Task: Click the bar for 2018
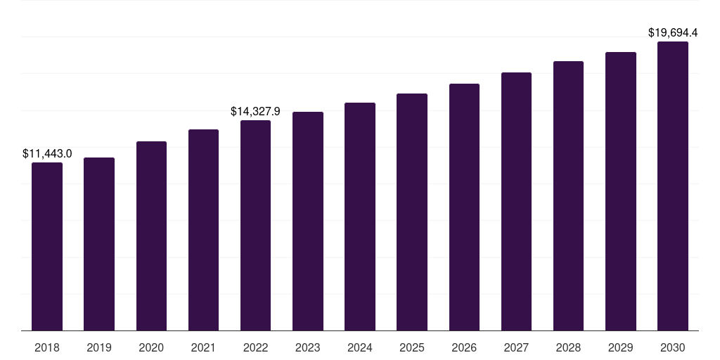[x=47, y=246]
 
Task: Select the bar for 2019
[x=99, y=244]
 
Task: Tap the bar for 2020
[x=151, y=236]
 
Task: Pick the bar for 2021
[x=203, y=230]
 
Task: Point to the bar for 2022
[x=255, y=225]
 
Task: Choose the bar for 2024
[x=360, y=217]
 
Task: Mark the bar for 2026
[x=464, y=207]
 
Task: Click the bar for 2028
[x=568, y=195]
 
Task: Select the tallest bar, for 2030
[x=673, y=186]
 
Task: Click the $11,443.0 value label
[x=47, y=153]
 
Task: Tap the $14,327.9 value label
[x=255, y=111]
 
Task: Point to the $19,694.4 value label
[x=673, y=32]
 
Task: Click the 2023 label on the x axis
[x=308, y=347]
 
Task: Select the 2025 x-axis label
[x=412, y=347]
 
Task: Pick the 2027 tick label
[x=516, y=347]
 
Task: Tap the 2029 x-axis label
[x=621, y=347]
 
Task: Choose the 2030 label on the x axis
[x=673, y=347]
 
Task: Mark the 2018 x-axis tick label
[x=47, y=347]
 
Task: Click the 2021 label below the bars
[x=203, y=347]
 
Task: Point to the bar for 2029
[x=621, y=191]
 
